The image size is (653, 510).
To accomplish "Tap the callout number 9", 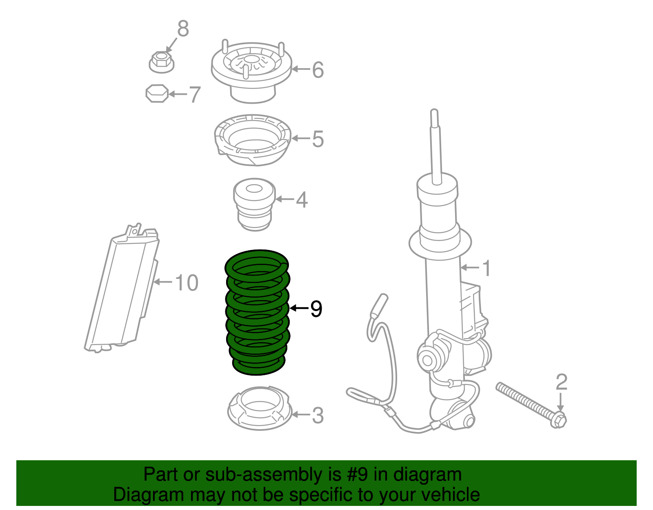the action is pos(316,309).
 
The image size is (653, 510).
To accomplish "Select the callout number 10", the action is pos(187,283).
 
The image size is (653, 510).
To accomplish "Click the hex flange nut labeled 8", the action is pos(161,62).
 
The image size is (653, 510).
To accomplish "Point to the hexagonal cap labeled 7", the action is pos(157,94).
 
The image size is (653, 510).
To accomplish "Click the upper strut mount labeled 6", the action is pos(251,71).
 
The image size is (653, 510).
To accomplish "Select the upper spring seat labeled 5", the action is pos(252,140).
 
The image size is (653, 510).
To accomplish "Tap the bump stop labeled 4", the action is pos(254,204).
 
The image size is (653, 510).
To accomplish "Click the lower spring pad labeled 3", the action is pos(260,408).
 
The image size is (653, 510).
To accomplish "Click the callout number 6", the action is pos(318,70).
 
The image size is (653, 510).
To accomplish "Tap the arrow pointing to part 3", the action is pos(301,415).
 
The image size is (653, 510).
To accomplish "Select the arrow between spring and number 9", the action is pos(299,308).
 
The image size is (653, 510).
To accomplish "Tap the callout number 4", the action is pos(302,200).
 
